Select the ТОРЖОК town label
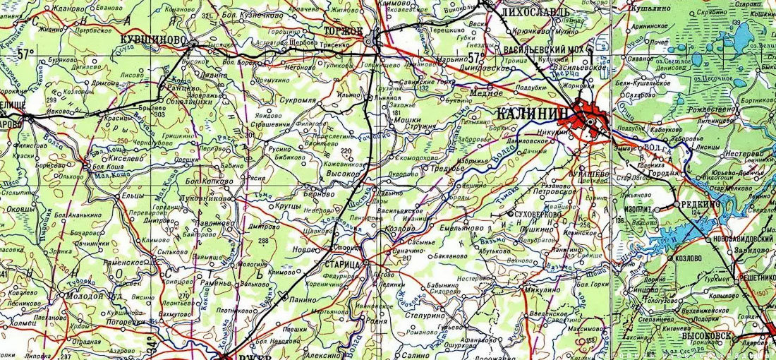click(343, 32)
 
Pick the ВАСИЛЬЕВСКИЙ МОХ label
click(545, 50)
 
